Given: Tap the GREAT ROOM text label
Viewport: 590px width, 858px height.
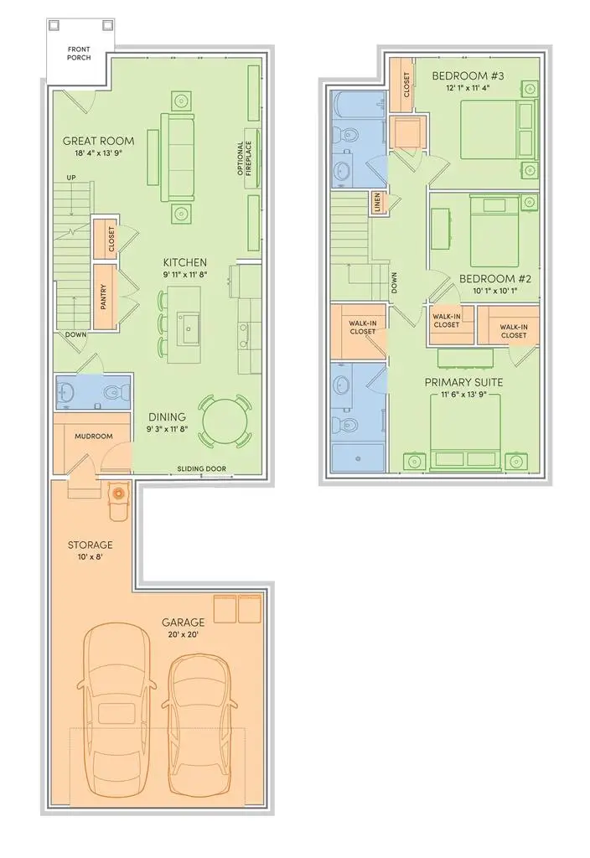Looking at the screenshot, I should coord(98,141).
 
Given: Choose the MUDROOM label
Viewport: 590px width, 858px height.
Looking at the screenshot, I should coord(93,437).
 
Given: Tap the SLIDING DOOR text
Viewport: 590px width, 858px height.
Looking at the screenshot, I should coord(202,468).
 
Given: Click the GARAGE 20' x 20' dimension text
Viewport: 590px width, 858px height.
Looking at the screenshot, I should coord(184,635).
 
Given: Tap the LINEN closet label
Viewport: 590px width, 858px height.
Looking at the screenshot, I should coord(379,203).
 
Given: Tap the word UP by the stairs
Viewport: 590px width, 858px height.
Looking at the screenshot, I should coord(71,178).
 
